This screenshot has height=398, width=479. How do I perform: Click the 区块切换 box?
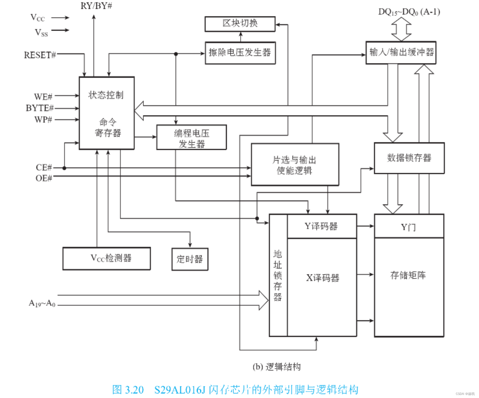point(240,24)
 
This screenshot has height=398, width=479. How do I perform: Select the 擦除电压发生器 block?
point(240,53)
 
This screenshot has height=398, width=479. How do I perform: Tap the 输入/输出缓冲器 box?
point(401,53)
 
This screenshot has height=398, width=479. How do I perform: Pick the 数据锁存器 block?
point(409,158)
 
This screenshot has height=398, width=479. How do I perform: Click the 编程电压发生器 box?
point(191,137)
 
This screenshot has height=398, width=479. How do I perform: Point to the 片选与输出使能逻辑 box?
point(295,165)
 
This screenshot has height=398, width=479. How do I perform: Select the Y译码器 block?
point(322,226)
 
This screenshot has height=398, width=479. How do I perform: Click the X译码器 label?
point(323,278)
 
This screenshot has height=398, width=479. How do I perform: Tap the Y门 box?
point(409,226)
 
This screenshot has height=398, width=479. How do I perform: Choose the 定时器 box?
point(190,259)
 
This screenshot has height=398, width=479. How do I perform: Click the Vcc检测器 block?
point(106,258)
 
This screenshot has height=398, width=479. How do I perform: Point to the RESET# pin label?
point(40,55)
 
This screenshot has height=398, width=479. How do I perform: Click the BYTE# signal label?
point(39,108)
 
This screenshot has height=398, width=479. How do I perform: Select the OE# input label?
point(44,178)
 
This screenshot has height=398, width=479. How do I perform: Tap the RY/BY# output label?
point(96,6)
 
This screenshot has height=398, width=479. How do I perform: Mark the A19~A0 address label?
point(42,303)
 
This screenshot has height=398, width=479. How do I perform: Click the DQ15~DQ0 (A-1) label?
point(409,12)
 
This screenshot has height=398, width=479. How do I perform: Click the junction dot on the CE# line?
point(64,168)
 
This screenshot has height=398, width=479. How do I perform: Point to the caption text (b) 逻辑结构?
point(276,367)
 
